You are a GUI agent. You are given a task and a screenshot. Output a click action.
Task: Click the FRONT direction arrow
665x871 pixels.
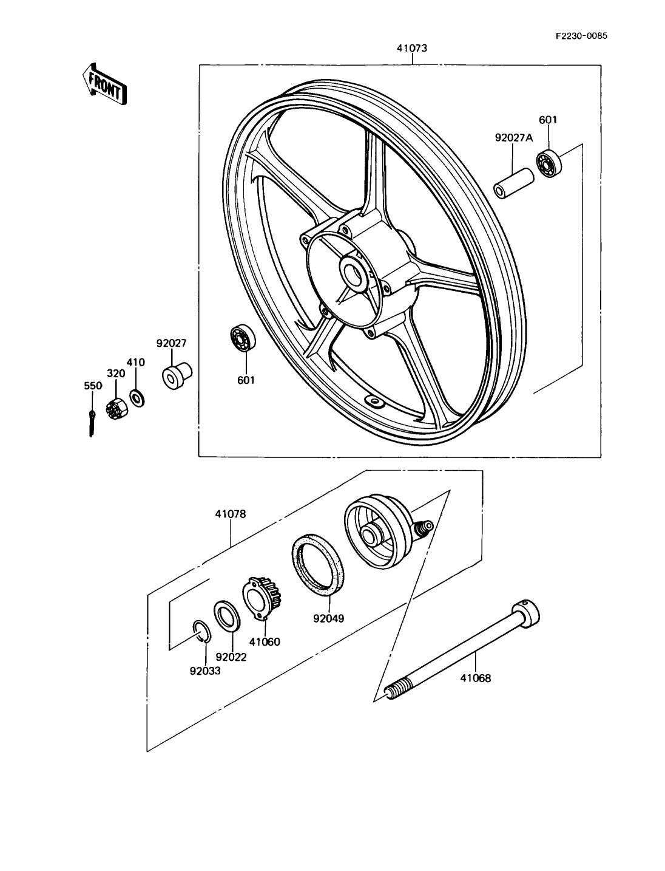coord(105,84)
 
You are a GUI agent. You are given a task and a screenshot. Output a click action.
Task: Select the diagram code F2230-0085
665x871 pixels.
coord(581,35)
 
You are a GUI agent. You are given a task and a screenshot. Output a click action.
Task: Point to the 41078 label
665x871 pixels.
coord(230,514)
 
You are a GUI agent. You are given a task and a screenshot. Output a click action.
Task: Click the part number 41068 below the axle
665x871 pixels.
coord(475,678)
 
